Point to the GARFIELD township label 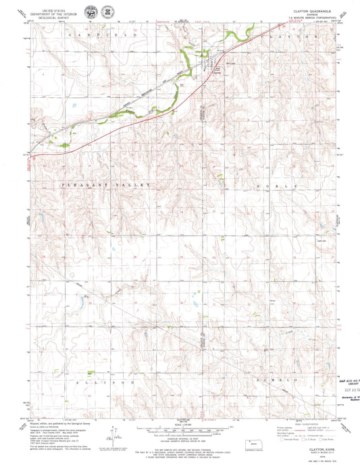97,34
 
